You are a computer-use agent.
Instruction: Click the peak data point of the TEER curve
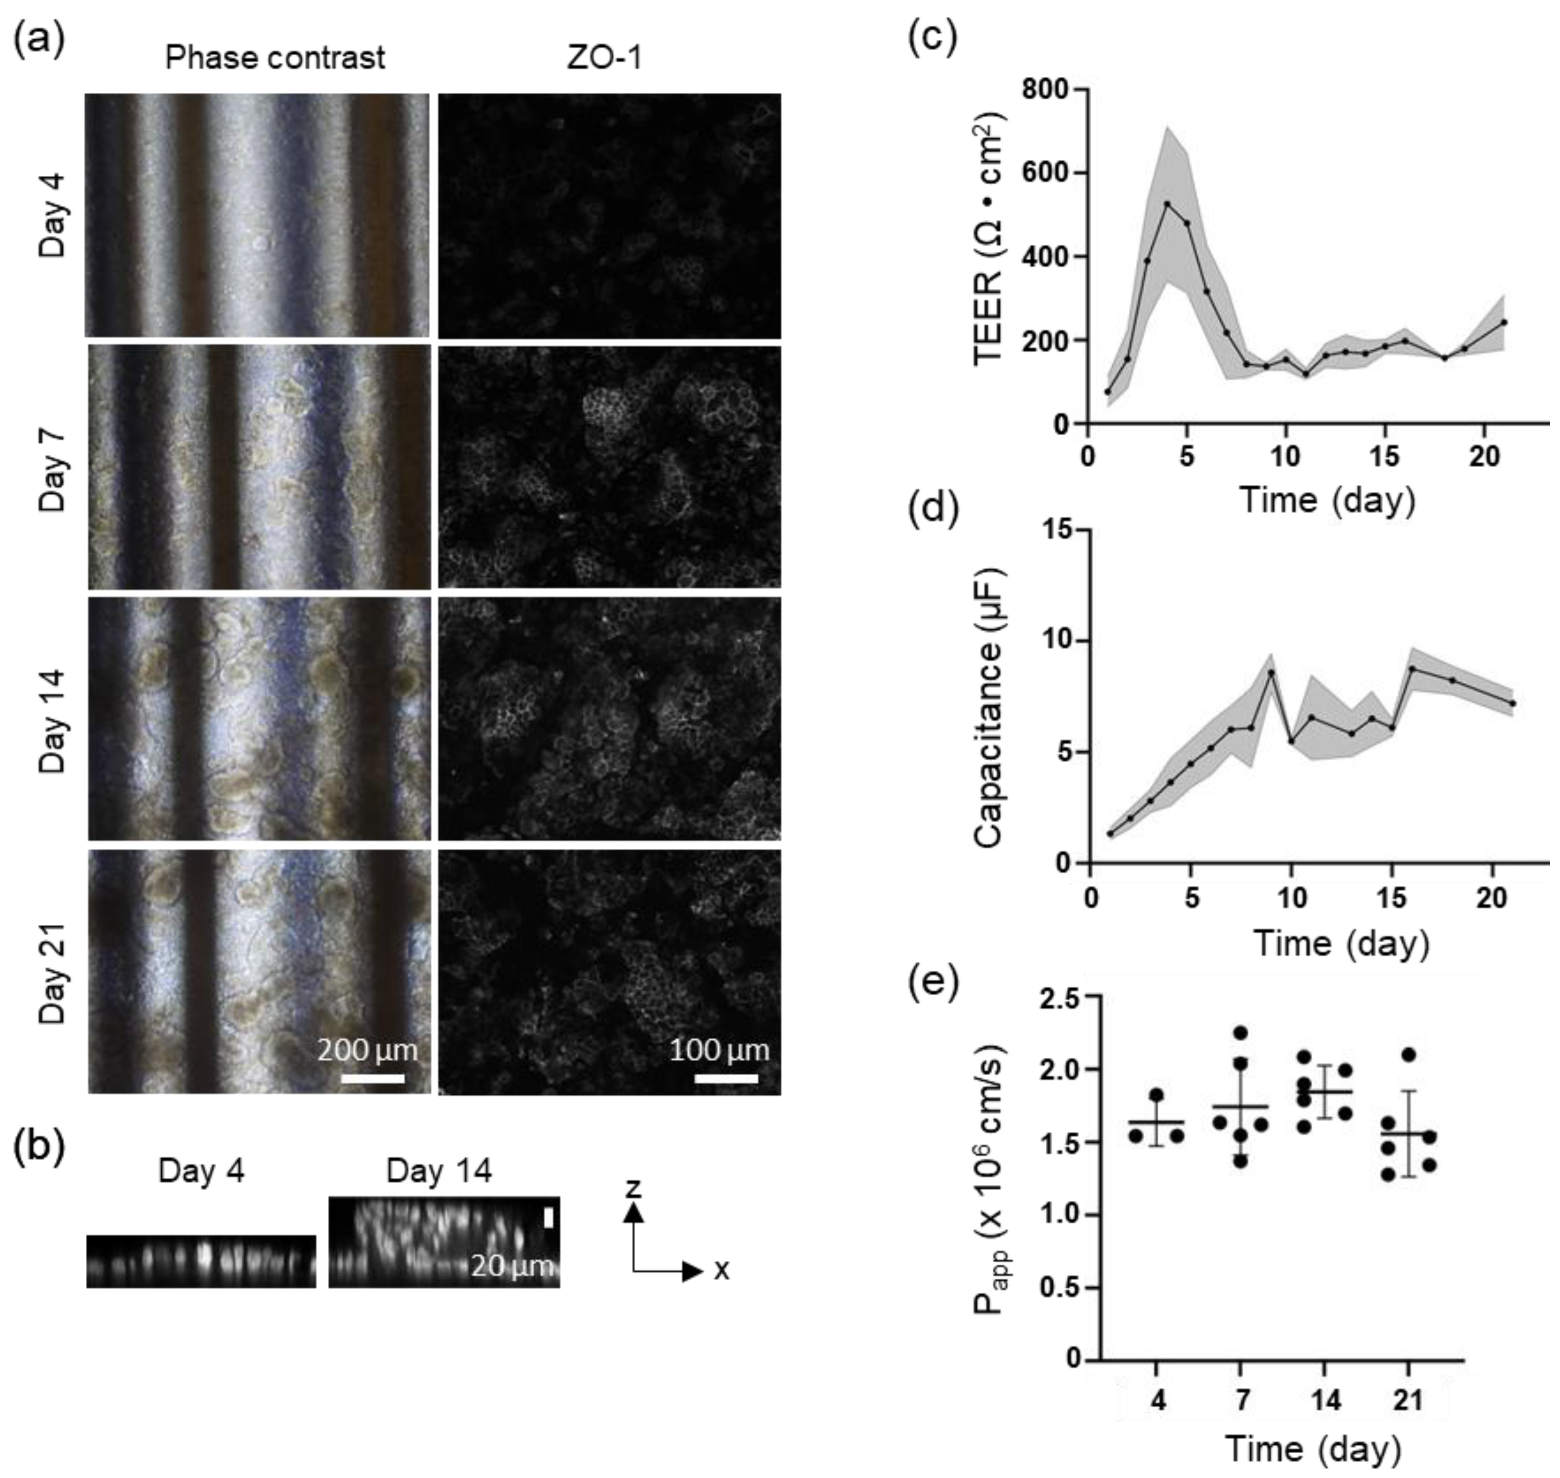(1167, 203)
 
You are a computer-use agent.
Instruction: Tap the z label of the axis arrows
(633, 1188)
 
